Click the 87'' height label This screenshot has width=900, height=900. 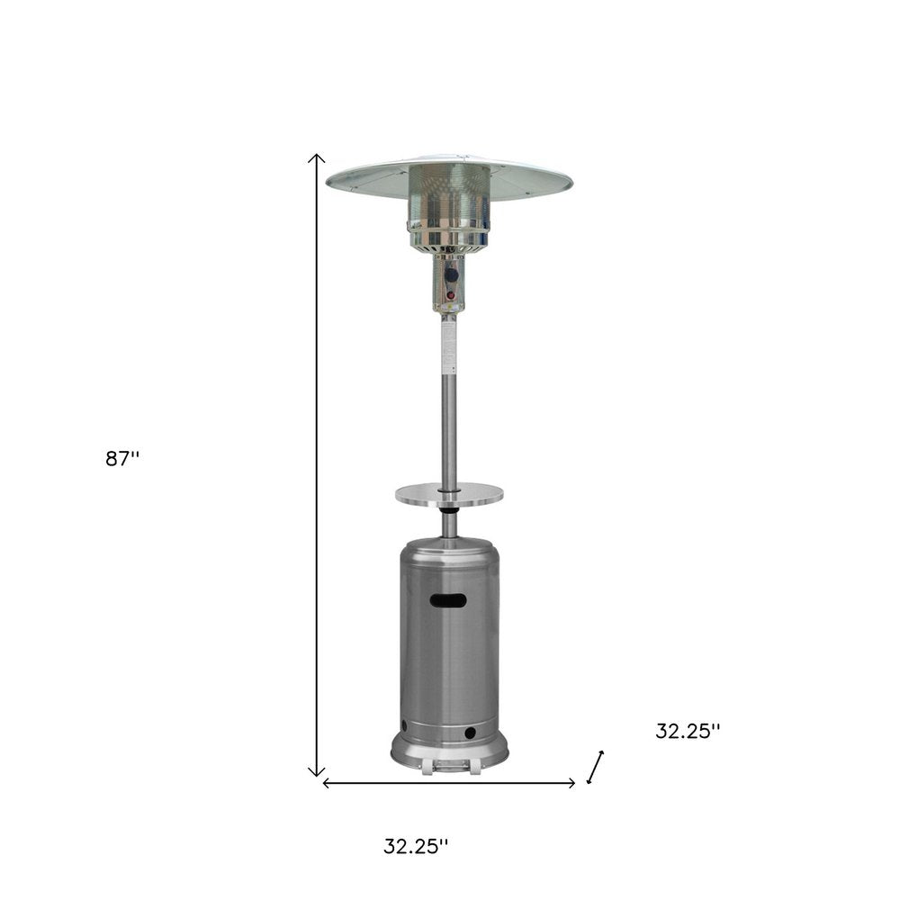[x=122, y=458]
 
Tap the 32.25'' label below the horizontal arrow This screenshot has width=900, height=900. [x=416, y=846]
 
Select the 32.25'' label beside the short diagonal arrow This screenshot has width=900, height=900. [x=688, y=732]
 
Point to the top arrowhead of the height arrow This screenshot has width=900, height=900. [x=317, y=157]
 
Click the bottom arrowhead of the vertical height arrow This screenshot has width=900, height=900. [x=317, y=772]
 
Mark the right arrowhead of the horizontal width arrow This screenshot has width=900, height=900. [x=572, y=783]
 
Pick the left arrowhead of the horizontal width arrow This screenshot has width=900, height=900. [x=326, y=783]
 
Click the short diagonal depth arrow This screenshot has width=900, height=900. [x=595, y=767]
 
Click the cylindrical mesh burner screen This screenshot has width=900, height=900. [x=449, y=193]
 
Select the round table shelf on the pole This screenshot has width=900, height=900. [x=449, y=492]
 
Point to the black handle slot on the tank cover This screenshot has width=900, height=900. [x=448, y=600]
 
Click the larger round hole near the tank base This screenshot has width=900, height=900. [x=470, y=734]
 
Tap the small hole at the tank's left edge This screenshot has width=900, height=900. [x=404, y=725]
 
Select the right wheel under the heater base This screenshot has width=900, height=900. [x=471, y=767]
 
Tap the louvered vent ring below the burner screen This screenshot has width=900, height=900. [x=449, y=238]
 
